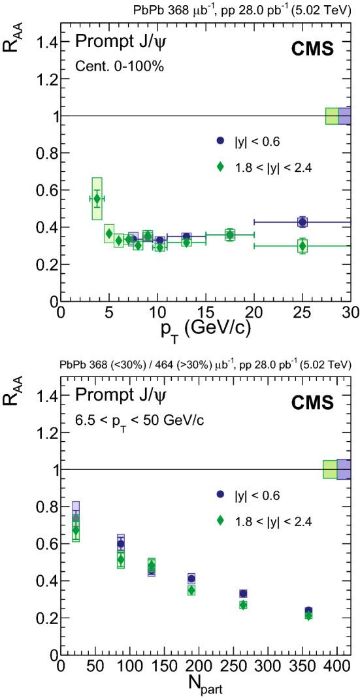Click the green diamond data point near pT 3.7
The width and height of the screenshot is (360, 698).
tap(97, 199)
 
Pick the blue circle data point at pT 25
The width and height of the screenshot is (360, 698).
tap(302, 222)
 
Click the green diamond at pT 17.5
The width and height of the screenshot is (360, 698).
tap(229, 235)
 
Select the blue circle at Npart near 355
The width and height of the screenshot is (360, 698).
tap(308, 611)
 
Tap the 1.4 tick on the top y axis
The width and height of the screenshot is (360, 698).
tap(48, 42)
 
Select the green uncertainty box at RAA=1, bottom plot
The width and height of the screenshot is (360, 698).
tap(330, 469)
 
